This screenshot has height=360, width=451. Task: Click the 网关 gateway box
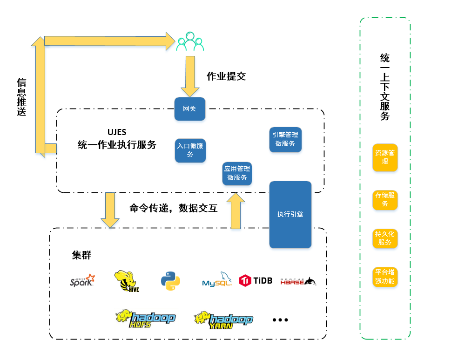189,109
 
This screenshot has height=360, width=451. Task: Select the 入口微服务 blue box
190,150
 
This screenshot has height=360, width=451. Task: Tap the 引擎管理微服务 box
285,139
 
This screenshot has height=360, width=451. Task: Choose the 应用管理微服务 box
237,173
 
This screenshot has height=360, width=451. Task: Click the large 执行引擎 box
290,214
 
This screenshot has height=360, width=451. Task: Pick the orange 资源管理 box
385,157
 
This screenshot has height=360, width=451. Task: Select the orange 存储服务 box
385,199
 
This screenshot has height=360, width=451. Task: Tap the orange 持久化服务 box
385,238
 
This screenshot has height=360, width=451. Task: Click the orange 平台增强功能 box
385,277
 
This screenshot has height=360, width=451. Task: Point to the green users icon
190,42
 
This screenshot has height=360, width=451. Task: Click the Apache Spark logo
82,280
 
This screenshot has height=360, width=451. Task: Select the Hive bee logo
127,281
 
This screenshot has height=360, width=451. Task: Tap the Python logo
170,281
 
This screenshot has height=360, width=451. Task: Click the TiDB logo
256,280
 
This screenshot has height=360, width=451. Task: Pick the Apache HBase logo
298,281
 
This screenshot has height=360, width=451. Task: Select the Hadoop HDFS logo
145,319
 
